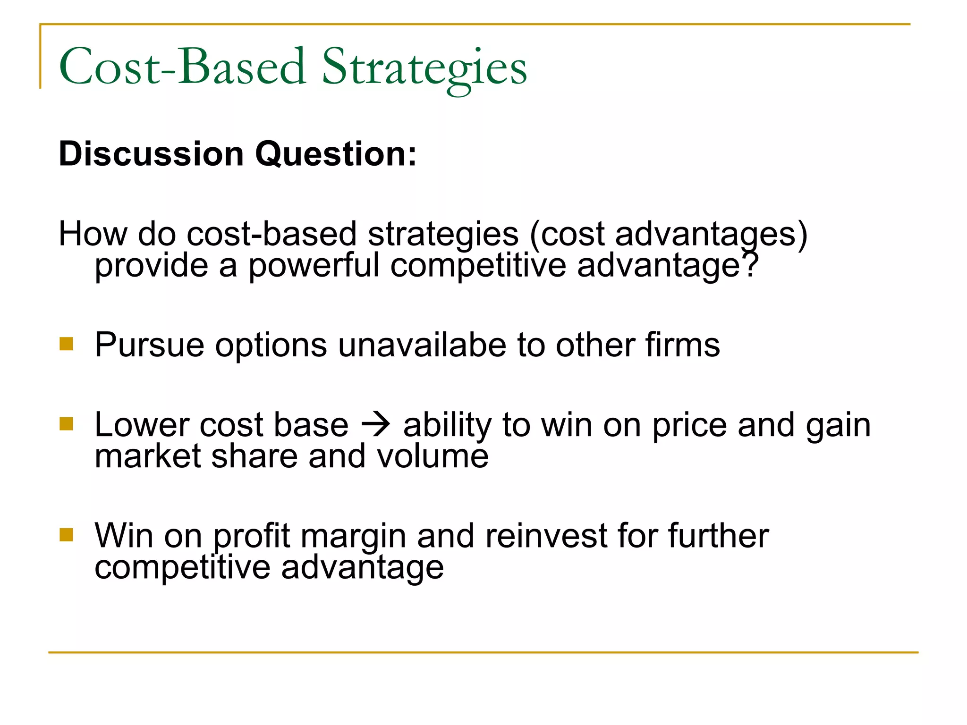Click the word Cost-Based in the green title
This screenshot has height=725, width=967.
[182, 67]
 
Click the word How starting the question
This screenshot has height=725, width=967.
[93, 234]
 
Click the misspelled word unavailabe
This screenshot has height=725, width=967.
[422, 345]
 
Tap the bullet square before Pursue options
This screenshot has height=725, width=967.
[67, 343]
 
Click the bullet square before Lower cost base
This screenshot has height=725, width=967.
[67, 423]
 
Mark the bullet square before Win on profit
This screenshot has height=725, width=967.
[67, 534]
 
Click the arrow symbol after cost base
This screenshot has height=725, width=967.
[376, 425]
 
